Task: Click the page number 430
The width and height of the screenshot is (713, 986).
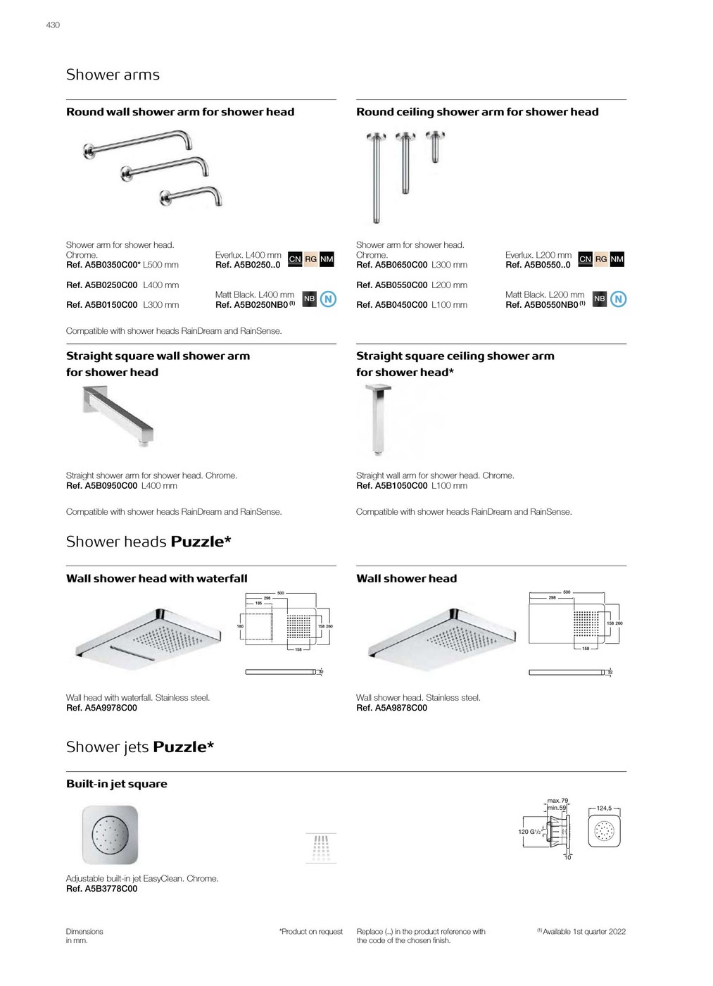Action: [x=53, y=25]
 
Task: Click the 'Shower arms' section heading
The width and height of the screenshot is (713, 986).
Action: [x=113, y=75]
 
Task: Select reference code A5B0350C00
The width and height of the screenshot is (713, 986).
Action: [x=103, y=265]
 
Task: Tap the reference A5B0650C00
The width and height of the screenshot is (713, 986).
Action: [x=392, y=265]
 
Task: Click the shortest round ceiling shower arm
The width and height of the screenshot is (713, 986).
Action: [x=436, y=146]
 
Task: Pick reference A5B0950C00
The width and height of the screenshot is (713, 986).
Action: [x=102, y=486]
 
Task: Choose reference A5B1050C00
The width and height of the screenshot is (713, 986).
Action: [x=392, y=486]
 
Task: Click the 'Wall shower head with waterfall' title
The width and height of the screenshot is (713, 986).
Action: [x=157, y=578]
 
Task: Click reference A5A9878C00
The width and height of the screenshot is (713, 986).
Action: [x=392, y=708]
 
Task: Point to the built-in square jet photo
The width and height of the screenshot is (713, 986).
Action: [x=110, y=835]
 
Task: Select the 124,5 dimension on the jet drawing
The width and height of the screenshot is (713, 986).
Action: [x=604, y=809]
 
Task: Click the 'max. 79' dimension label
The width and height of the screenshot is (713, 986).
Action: [x=557, y=801]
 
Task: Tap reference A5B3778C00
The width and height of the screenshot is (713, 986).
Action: [x=102, y=889]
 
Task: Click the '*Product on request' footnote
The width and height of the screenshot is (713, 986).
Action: [x=311, y=932]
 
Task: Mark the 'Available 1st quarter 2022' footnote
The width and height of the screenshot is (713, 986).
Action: [x=583, y=932]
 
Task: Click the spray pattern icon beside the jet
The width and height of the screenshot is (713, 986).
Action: [x=321, y=848]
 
